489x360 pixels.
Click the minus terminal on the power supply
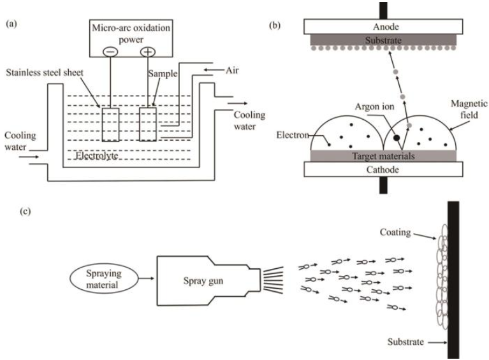[x=110, y=52]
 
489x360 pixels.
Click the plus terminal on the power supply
[x=147, y=52]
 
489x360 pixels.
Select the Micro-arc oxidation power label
[x=131, y=34]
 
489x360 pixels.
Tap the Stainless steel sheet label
[x=45, y=73]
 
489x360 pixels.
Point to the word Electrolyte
[x=97, y=155]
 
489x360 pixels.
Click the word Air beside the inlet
[x=232, y=70]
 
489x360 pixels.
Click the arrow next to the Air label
[x=213, y=70]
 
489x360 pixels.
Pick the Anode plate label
[x=386, y=27]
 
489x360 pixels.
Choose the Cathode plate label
[x=383, y=169]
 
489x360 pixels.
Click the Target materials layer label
[x=383, y=156]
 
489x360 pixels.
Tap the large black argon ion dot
[x=397, y=138]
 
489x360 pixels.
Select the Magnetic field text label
[x=469, y=109]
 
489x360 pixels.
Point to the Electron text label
[x=293, y=135]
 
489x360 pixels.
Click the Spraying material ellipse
[x=104, y=279]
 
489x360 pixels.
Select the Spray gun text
[x=203, y=281]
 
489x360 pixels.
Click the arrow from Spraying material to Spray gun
[x=146, y=278]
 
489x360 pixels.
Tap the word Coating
[x=395, y=233]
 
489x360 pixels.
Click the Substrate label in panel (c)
[x=405, y=342]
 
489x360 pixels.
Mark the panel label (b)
[x=274, y=25]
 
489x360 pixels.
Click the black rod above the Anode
[x=383, y=11]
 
